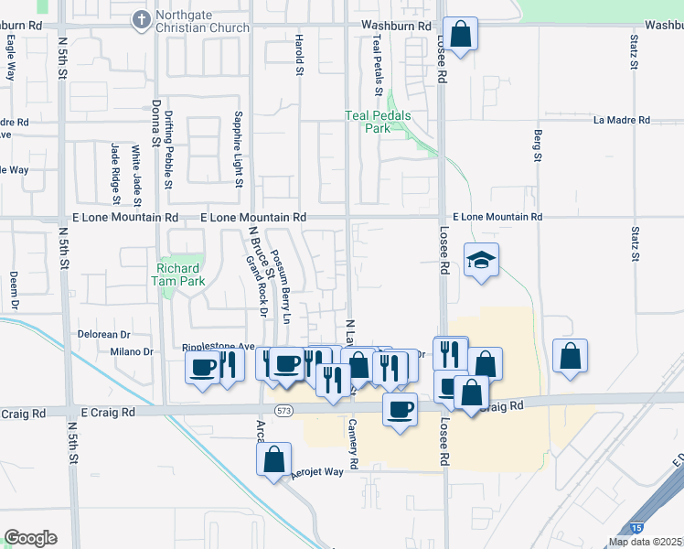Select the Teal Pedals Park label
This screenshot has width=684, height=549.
(378, 122)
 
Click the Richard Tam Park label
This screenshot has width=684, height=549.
(178, 274)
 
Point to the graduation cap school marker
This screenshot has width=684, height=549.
(480, 261)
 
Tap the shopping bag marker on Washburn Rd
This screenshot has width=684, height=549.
(461, 35)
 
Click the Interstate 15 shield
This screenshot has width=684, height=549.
(636, 528)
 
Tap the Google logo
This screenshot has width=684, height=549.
(30, 538)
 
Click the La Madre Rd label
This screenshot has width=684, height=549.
(621, 121)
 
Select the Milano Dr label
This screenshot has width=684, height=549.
(132, 351)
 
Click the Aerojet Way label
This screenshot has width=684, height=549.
(317, 471)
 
